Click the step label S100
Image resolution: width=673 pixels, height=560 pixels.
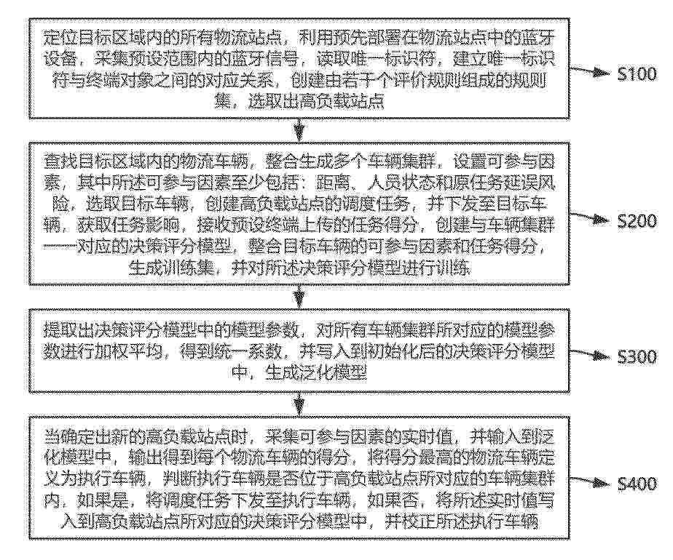[x=637, y=74]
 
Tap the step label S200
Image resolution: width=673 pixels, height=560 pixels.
[x=637, y=221]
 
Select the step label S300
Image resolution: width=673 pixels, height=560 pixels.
[x=637, y=357]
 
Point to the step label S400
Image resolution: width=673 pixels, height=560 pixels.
[x=637, y=484]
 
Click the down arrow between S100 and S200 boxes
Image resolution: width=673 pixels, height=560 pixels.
[x=299, y=129]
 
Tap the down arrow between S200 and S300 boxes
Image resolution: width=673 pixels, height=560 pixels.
[x=299, y=296]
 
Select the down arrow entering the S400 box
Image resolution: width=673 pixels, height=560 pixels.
[x=299, y=404]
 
